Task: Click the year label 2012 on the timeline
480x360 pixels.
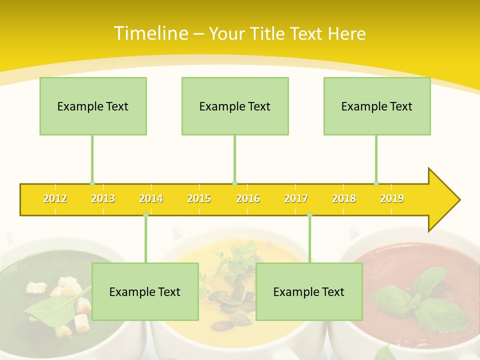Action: pyautogui.click(x=55, y=198)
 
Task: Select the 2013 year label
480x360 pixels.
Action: pyautogui.click(x=103, y=198)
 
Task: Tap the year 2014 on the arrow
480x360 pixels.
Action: pyautogui.click(x=151, y=198)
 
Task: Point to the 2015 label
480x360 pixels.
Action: pyautogui.click(x=199, y=198)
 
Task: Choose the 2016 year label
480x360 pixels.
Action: pyautogui.click(x=248, y=198)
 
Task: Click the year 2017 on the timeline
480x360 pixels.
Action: pyautogui.click(x=296, y=198)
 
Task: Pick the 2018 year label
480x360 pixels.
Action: pyautogui.click(x=344, y=198)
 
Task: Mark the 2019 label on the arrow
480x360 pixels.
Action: pyautogui.click(x=392, y=198)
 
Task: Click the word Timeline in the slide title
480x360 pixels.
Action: pyautogui.click(x=151, y=33)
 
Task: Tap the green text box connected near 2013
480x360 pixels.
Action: pyautogui.click(x=93, y=106)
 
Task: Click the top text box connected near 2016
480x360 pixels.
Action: pyautogui.click(x=235, y=106)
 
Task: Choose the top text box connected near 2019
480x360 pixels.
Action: pyautogui.click(x=377, y=106)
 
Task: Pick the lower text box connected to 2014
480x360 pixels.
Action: pyautogui.click(x=145, y=291)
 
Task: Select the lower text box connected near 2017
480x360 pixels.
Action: pyautogui.click(x=309, y=291)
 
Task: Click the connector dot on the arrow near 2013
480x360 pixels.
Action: pyautogui.click(x=92, y=183)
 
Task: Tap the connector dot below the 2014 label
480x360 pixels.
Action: pyautogui.click(x=145, y=214)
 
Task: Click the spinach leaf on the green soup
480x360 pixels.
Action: pyautogui.click(x=50, y=305)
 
